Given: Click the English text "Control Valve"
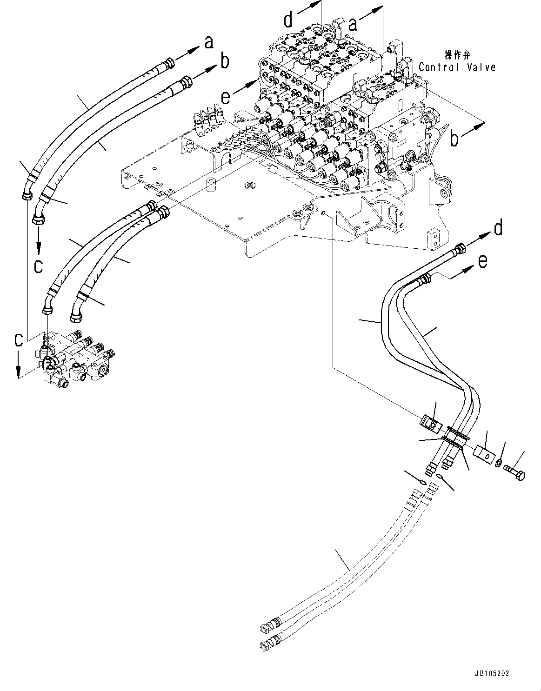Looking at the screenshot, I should (x=457, y=67).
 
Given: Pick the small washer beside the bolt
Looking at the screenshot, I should (x=498, y=463).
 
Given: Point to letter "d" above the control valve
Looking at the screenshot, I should (x=289, y=20).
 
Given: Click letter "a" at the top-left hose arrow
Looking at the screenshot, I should (x=209, y=43).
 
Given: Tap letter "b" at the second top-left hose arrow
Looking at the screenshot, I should (x=225, y=61).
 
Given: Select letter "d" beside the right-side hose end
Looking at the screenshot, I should (x=498, y=229).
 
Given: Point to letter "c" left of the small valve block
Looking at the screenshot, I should (x=18, y=340).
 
